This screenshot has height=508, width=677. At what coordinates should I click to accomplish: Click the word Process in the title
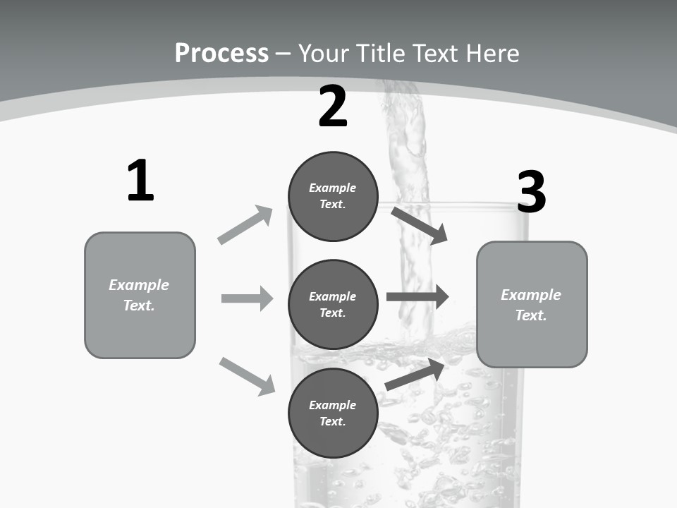point(221,53)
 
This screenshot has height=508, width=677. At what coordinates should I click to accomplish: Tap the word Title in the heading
point(381,53)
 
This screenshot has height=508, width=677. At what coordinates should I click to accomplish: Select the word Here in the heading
point(492,53)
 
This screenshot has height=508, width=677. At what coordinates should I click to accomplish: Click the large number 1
point(140,181)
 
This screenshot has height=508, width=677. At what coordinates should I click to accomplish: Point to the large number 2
point(333,107)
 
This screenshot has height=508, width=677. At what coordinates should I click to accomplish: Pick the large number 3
point(531,193)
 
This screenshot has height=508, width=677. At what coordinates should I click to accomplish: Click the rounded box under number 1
point(140,295)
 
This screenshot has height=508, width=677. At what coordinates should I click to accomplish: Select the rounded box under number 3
point(532,305)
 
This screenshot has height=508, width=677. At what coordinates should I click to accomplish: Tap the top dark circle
point(333,196)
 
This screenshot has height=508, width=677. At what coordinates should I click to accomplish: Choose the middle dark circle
point(333,305)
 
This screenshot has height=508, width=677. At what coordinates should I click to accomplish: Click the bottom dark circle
point(333,413)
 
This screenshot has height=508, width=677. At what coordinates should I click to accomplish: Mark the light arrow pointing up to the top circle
point(245,224)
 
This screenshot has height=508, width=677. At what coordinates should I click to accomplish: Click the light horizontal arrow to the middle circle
point(247,298)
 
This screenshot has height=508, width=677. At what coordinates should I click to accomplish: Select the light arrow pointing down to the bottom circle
point(247,376)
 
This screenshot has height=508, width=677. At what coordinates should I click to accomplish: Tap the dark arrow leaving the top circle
point(419,225)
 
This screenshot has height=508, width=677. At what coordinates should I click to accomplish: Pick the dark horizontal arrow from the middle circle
point(417,297)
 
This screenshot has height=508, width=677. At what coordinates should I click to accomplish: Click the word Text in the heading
point(437,53)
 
